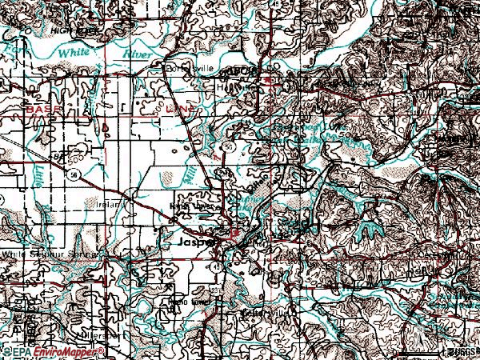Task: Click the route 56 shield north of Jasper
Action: pyautogui.click(x=229, y=148)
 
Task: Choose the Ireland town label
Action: pyautogui.click(x=111, y=205)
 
